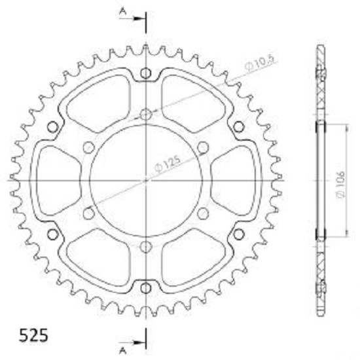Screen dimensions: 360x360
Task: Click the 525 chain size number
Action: click(33, 335)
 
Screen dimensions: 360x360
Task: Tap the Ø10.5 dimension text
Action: click(259, 63)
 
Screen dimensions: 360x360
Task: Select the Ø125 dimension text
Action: click(167, 164)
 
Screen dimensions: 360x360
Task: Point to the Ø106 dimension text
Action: click(341, 184)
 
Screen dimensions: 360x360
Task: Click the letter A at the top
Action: click(123, 12)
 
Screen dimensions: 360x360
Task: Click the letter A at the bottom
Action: click(123, 351)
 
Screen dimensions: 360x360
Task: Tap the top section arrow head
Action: click(139, 18)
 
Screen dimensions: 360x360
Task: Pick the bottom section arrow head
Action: click(139, 342)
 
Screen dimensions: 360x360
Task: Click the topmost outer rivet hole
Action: click(146, 73)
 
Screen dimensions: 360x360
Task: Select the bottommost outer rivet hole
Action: click(146, 288)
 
